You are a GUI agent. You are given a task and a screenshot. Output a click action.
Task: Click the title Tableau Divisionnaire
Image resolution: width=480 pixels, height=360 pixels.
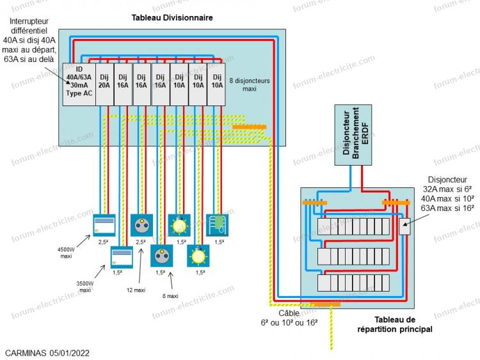coord(172,18)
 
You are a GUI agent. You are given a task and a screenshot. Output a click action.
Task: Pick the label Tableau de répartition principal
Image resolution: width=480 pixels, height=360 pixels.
coord(395,324)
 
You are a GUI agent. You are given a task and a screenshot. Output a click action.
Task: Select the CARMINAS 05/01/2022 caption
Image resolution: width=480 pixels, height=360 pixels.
coord(47,352)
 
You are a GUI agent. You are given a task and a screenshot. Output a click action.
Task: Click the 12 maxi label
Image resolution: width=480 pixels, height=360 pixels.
coord(135,290)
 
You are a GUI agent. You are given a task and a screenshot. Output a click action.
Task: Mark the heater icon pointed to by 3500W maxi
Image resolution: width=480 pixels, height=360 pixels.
coord(122,256)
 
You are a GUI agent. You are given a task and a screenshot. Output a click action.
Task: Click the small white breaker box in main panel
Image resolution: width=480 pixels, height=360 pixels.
coord(404,226)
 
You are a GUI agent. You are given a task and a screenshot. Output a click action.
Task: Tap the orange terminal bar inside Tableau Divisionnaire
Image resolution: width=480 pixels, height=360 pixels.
coord(250,127)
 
